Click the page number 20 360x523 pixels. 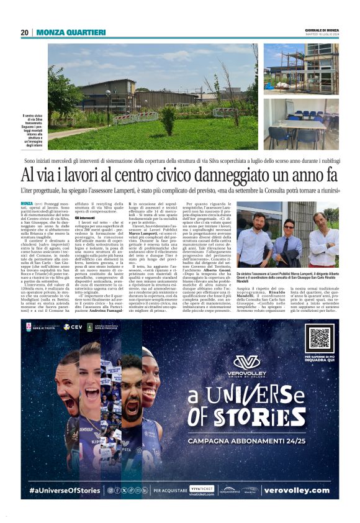click(25, 32)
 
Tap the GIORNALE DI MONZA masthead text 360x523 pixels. click(322, 30)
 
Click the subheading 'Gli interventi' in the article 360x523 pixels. click(85, 218)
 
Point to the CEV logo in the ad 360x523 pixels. click(71, 327)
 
